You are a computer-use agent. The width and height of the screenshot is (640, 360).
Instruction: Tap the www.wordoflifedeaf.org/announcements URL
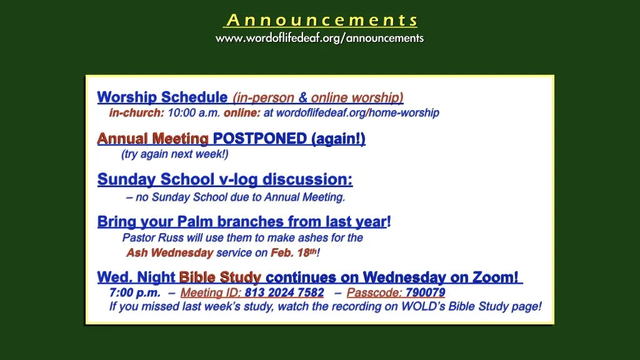pos(319,38)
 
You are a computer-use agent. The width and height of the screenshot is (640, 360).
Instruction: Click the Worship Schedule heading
pos(162,97)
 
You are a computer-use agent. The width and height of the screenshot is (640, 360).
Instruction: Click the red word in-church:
pos(136,113)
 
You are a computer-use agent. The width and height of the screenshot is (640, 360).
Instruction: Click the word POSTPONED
pos(261,139)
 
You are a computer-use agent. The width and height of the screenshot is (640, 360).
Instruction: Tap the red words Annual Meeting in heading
pos(152,139)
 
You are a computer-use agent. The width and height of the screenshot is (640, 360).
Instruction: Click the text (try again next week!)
pos(175,154)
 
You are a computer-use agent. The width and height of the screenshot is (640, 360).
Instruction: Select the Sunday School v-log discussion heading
pos(225,180)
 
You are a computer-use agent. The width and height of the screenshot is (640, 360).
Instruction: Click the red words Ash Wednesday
pos(169,253)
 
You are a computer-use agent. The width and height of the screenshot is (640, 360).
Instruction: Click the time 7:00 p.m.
pos(134,292)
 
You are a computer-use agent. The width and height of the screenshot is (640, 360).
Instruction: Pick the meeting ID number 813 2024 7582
pos(284,292)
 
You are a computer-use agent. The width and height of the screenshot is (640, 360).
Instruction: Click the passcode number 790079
pos(425,292)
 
